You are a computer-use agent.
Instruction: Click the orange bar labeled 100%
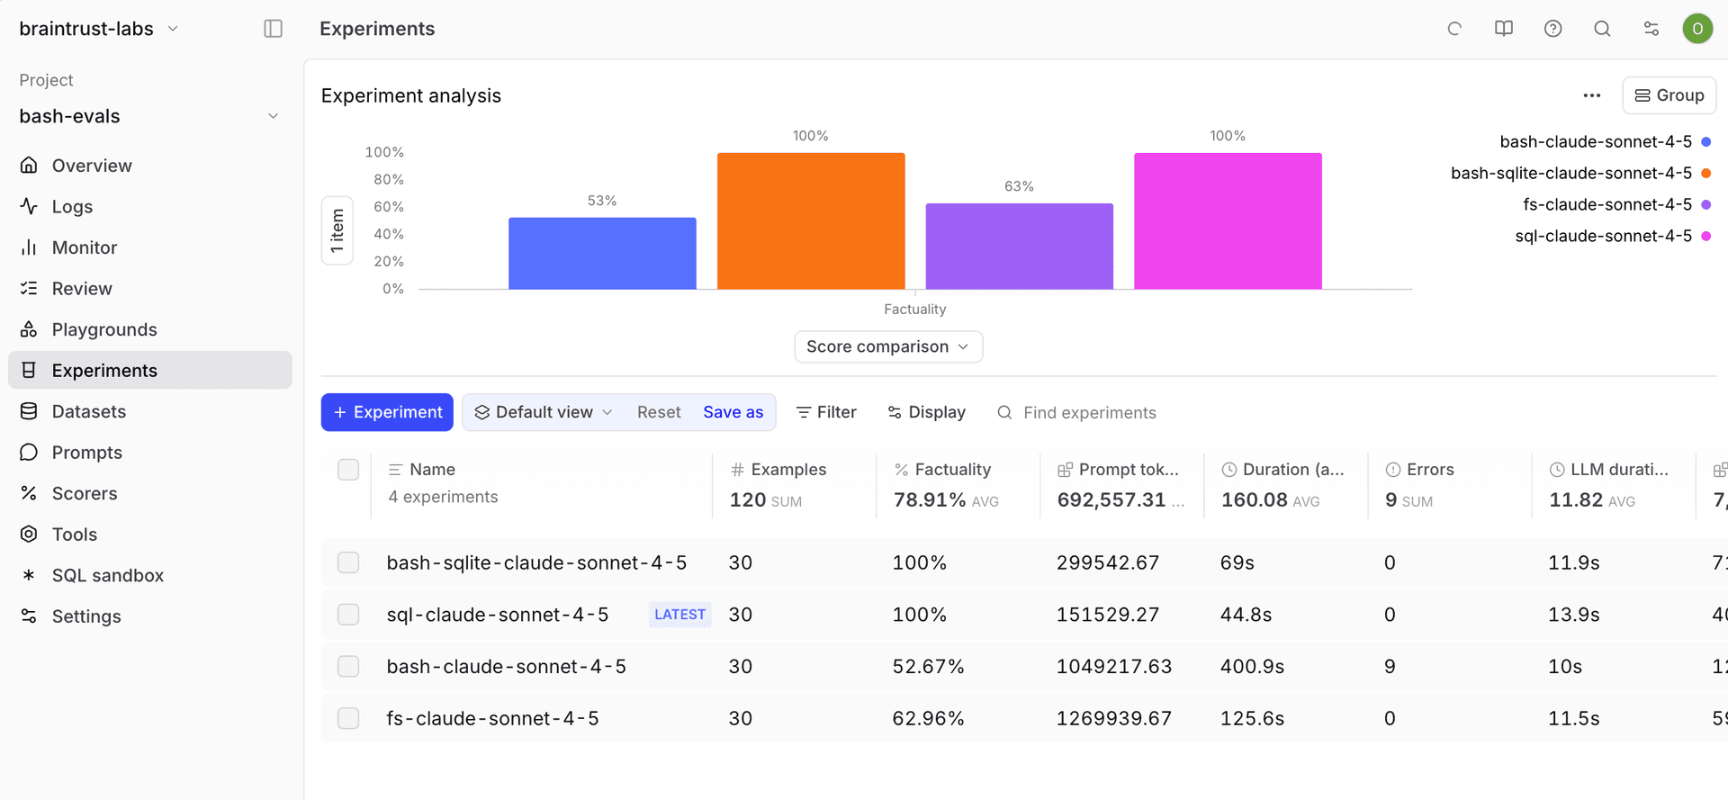[810, 220]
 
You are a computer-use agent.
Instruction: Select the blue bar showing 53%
[601, 253]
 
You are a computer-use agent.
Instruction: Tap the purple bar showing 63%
[1019, 246]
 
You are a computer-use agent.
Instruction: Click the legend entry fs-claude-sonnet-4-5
[1606, 204]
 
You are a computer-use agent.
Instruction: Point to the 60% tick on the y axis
[389, 207]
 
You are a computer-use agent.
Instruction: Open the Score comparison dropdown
[887, 346]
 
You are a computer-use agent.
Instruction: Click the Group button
[1669, 95]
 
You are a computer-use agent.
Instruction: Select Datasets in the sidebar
[88, 411]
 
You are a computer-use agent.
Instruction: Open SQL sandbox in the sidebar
[107, 575]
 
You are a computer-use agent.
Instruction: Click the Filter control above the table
[826, 412]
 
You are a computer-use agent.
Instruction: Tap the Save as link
[733, 412]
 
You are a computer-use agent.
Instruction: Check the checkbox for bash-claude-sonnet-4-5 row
[348, 666]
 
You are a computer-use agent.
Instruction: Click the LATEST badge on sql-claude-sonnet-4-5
[679, 615]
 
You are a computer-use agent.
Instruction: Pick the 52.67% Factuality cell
[928, 667]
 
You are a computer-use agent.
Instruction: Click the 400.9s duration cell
[1252, 667]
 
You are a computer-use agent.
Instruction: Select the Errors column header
[1429, 470]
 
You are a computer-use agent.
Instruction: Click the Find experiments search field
[1089, 413]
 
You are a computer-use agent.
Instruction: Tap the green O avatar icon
[1696, 29]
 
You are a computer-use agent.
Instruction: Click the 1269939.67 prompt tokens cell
[1113, 719]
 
